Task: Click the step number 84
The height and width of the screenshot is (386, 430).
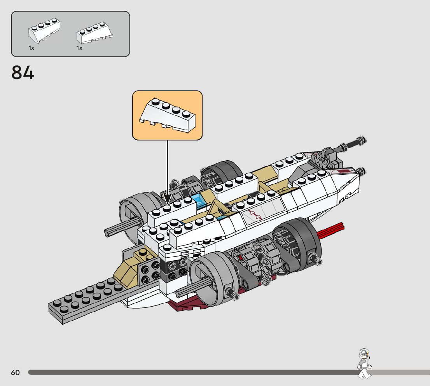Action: click(x=23, y=73)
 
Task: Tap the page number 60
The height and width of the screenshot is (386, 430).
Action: click(x=15, y=373)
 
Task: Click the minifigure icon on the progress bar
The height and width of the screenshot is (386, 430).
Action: click(x=364, y=363)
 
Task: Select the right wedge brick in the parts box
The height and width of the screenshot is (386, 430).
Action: click(x=94, y=33)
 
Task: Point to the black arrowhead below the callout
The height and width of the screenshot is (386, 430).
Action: click(x=167, y=199)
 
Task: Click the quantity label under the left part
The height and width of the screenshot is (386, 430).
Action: click(x=31, y=48)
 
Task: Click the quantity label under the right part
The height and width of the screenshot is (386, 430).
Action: click(x=79, y=48)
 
